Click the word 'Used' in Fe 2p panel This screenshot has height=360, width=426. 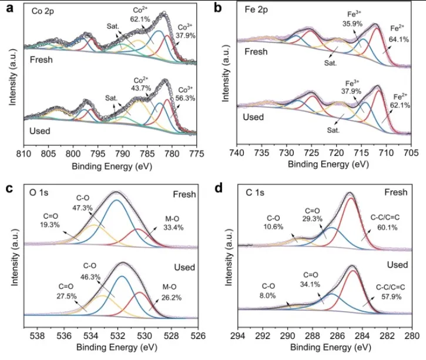[x=254, y=116]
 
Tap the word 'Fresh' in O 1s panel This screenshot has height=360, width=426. [x=184, y=193]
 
